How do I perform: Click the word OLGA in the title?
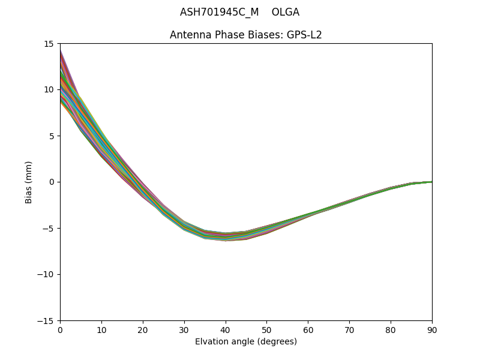(x=286, y=12)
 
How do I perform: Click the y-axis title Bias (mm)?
(x=29, y=182)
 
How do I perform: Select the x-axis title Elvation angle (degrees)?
(x=246, y=342)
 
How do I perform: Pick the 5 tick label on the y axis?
(x=52, y=136)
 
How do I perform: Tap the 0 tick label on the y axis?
(x=52, y=182)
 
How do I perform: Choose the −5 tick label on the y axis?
(x=48, y=228)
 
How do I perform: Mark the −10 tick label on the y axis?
(x=46, y=274)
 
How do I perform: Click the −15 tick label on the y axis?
(x=46, y=320)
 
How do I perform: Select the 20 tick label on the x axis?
(x=143, y=329)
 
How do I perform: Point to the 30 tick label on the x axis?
(x=184, y=329)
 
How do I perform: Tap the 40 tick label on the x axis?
(x=226, y=329)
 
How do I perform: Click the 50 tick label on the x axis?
(x=266, y=329)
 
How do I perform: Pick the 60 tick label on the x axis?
(x=308, y=329)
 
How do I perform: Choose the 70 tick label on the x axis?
(x=349, y=329)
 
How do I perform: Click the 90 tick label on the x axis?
(x=432, y=329)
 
